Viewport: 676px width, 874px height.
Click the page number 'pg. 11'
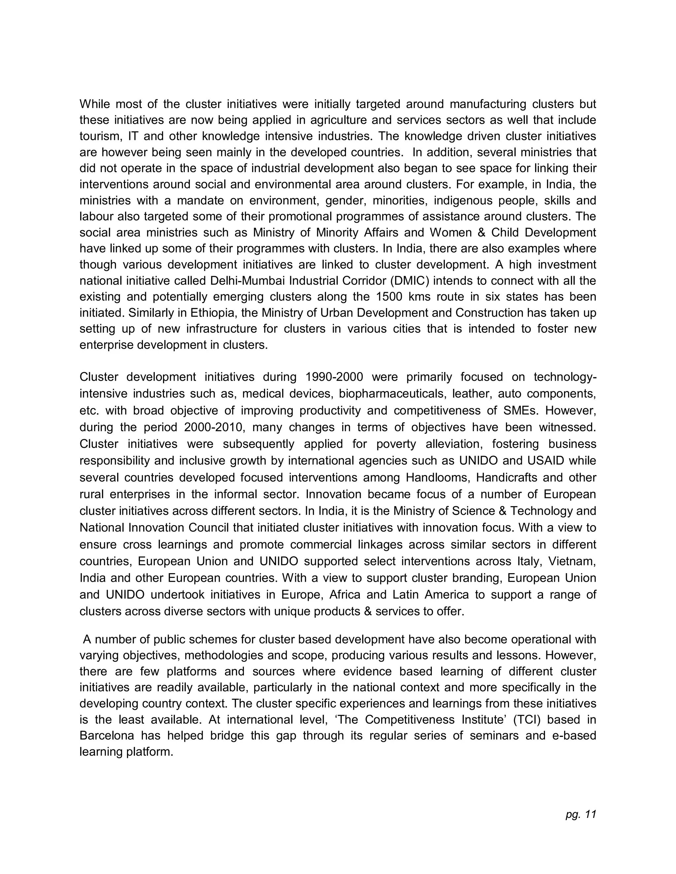coord(581,814)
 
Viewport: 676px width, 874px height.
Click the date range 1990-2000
coord(334,377)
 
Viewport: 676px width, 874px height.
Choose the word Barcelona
coord(107,735)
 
